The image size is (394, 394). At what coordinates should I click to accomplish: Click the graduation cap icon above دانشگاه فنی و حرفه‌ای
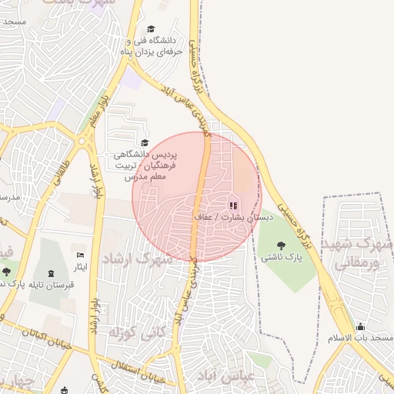point(150,28)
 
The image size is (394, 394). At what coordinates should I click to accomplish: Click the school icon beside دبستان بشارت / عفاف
point(232,205)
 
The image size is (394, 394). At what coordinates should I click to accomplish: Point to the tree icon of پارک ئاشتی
point(279,245)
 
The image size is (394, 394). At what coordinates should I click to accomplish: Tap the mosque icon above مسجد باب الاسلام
point(360,326)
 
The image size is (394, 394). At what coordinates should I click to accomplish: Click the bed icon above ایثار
point(80,255)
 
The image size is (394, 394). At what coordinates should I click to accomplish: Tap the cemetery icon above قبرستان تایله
point(52,273)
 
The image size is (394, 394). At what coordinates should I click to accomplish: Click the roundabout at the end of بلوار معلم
point(82,139)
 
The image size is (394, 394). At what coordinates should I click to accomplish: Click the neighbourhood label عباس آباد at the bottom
point(248,378)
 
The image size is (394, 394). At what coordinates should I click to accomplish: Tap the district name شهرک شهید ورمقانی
point(362,255)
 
